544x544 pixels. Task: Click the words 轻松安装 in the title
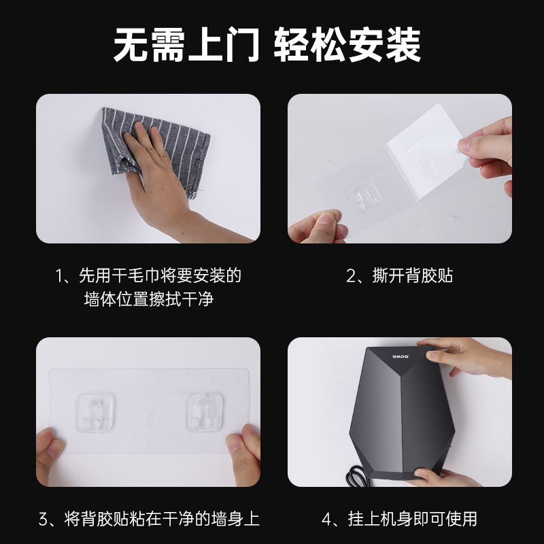point(347,46)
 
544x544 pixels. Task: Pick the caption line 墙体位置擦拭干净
point(149,299)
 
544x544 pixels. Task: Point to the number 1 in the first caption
point(61,276)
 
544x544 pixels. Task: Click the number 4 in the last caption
point(327,520)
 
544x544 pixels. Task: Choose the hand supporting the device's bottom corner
point(449,473)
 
